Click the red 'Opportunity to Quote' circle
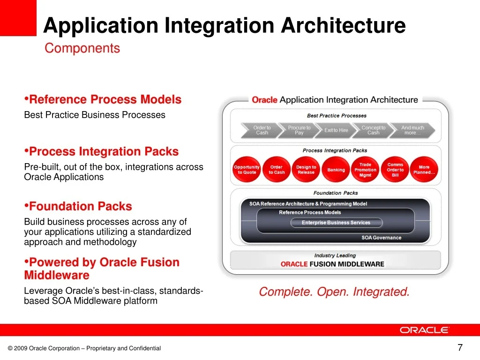click(247, 170)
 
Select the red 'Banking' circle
click(336, 170)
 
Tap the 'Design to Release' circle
click(306, 170)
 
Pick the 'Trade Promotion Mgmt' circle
click(365, 170)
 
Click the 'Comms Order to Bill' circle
click(395, 170)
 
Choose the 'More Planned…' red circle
click(424, 170)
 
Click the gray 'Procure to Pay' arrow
click(299, 130)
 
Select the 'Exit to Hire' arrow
click(336, 130)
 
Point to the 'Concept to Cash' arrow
click(373, 130)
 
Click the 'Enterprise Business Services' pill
click(336, 223)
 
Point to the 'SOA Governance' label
click(381, 238)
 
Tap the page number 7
click(460, 347)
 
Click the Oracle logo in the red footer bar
click(424, 330)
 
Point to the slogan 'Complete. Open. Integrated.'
click(334, 292)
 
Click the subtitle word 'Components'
click(82, 48)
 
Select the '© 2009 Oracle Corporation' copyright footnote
click(84, 348)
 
